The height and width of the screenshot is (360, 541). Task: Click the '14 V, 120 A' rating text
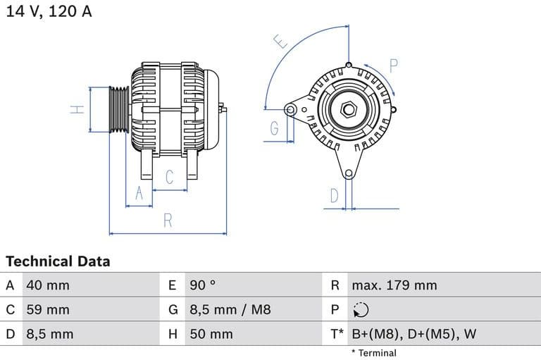coord(49,12)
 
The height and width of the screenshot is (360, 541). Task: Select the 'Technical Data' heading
coord(58,261)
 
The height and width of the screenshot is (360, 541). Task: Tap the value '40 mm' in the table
coord(47,285)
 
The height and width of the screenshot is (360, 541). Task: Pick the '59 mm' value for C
coord(47,310)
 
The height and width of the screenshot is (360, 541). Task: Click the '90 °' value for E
coord(203,285)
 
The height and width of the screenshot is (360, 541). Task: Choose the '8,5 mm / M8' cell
coord(230,310)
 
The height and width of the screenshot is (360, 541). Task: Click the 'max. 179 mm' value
coord(394,285)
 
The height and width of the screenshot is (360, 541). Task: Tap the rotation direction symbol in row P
coord(360,310)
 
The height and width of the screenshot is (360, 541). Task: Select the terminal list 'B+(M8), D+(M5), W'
coord(413,334)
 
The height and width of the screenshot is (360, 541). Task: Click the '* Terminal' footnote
coord(373,353)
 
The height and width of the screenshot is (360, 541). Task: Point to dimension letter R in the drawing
coord(168,221)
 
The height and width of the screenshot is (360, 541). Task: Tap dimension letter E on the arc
coord(281,42)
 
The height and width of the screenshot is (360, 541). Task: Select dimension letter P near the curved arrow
coord(394,67)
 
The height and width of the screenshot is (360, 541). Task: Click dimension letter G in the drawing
coord(273,129)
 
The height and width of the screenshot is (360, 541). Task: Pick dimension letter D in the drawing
coord(335,195)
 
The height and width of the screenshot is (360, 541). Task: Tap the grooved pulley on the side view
coord(118,110)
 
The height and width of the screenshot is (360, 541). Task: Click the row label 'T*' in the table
coord(337,334)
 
